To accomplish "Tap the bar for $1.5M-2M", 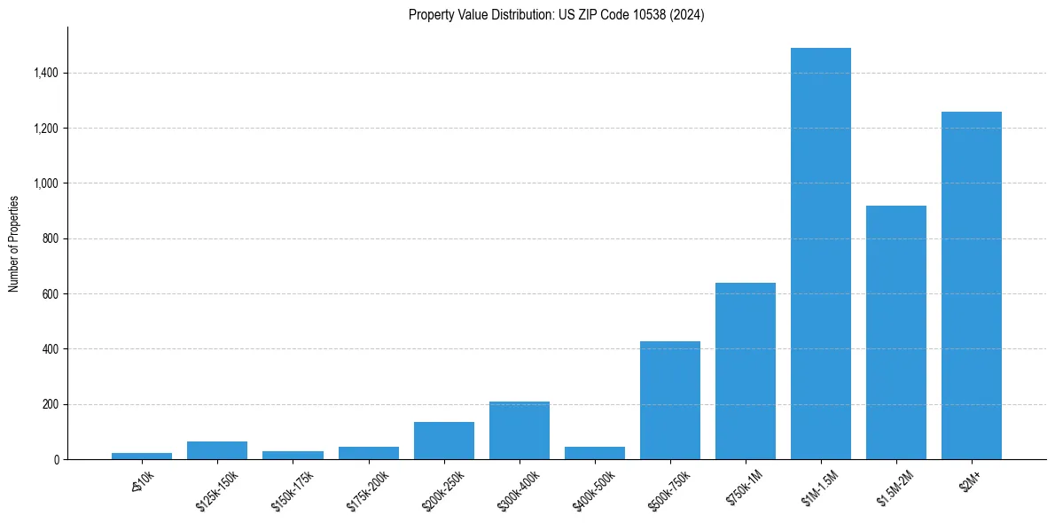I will coord(896,332).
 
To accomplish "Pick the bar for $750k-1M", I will coord(746,371).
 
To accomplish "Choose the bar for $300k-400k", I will coord(520,431).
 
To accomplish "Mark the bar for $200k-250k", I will coord(444,441).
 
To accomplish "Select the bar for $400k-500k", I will coord(595,453).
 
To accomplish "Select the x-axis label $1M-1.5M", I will coord(817,488).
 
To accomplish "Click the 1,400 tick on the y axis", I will coord(46,73).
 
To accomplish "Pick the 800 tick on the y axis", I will coord(51,238).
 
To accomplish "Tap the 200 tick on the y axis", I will coord(51,404).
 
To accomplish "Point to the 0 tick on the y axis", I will coord(57,459).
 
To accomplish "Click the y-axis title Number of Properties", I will coord(14,243).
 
